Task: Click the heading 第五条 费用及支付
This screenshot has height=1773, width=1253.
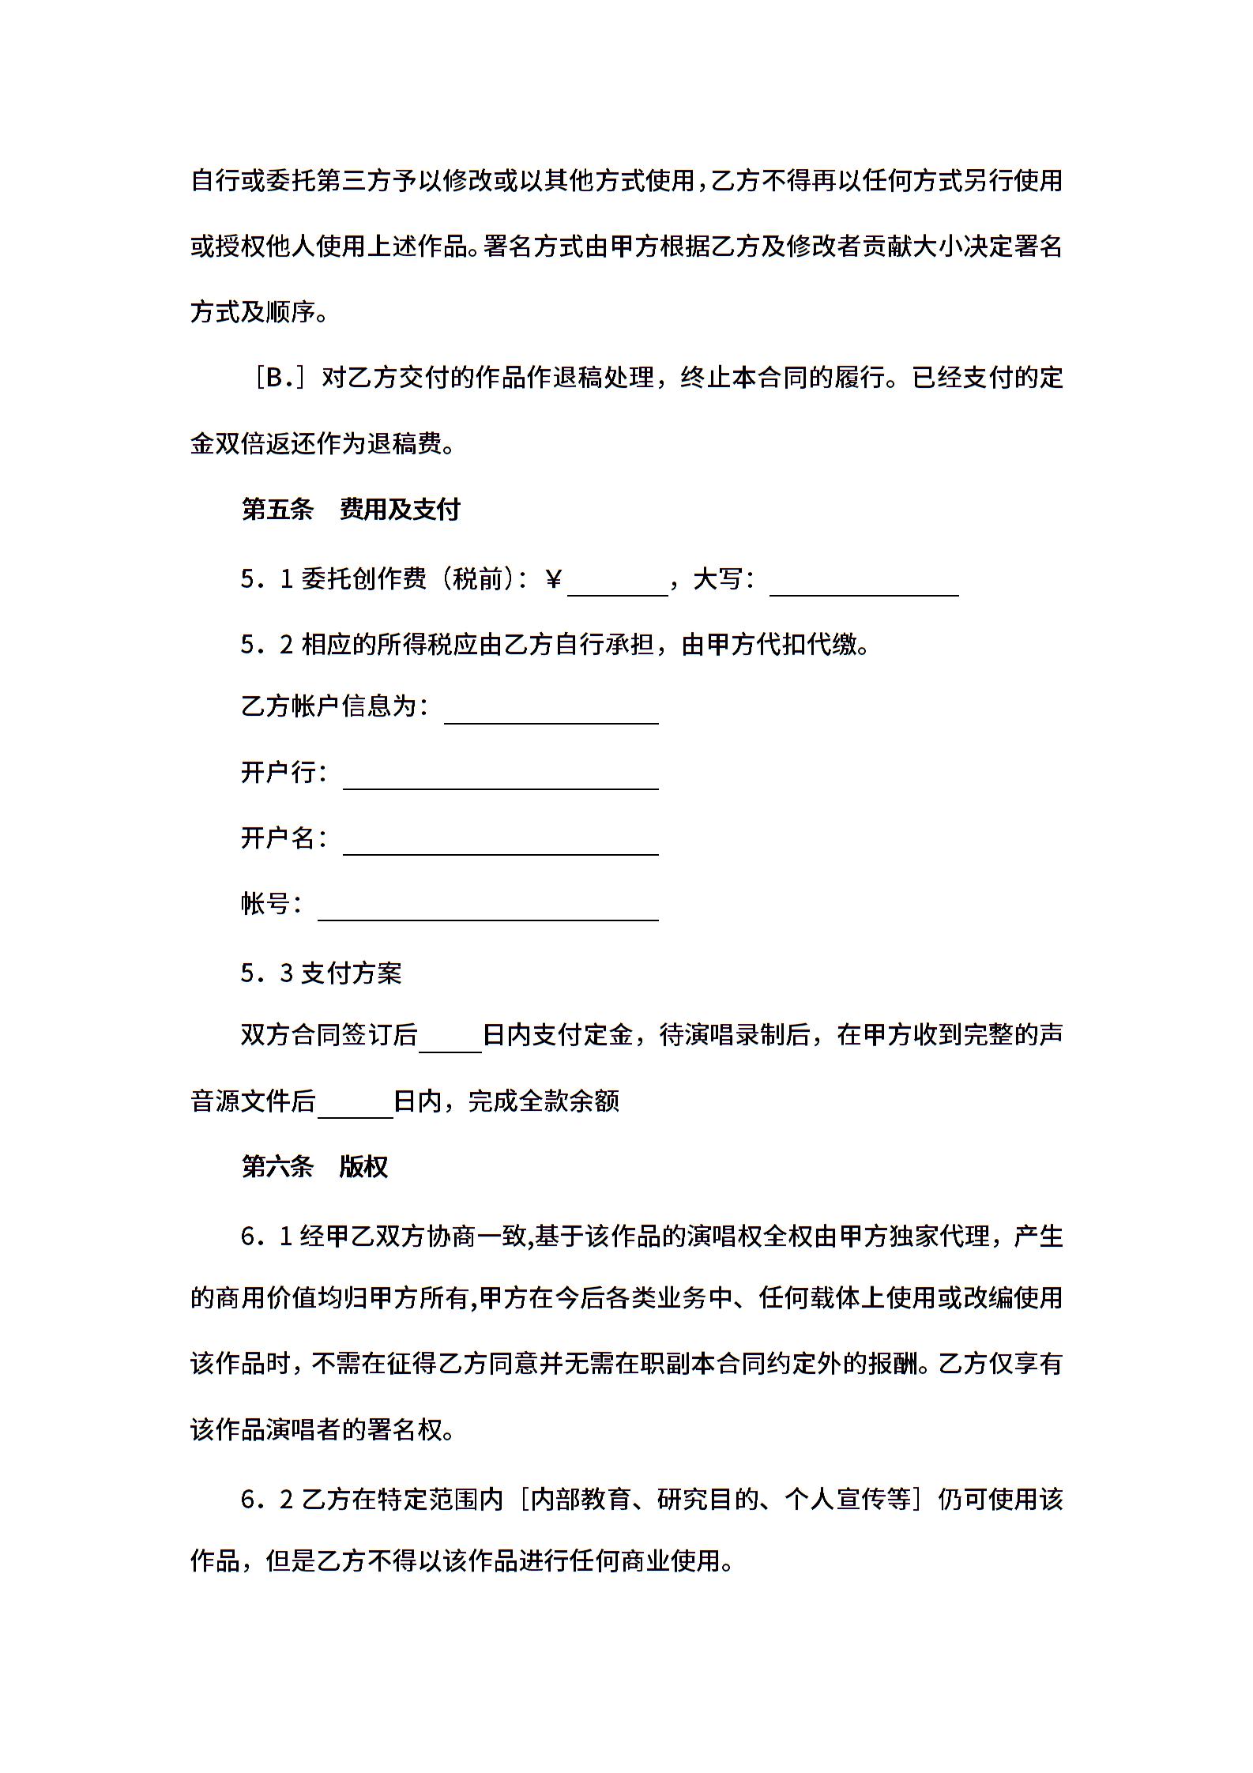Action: click(x=350, y=510)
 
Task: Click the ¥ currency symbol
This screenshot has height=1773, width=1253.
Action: click(x=554, y=580)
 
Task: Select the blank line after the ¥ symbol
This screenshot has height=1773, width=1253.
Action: click(x=618, y=585)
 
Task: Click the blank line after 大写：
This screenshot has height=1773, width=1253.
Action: click(x=864, y=585)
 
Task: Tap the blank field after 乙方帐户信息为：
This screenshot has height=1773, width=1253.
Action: click(x=551, y=713)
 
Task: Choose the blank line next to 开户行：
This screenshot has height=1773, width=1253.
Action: click(x=500, y=778)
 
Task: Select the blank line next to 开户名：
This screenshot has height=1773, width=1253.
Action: click(x=500, y=844)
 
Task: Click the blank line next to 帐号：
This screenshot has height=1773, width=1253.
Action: click(x=487, y=909)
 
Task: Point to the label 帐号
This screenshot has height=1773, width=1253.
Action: click(x=265, y=903)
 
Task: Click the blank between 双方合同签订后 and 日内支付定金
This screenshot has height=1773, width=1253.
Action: click(x=450, y=1041)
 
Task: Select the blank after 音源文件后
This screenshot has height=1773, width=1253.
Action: click(x=355, y=1107)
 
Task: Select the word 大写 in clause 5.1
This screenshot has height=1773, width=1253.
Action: click(x=717, y=580)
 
